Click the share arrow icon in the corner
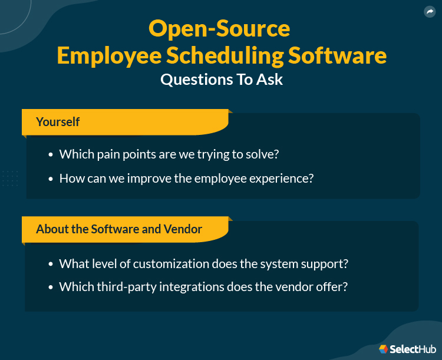(x=428, y=12)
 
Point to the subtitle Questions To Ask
(x=222, y=80)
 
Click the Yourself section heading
(x=58, y=122)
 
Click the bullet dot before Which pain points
(x=51, y=154)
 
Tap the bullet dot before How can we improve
(x=51, y=178)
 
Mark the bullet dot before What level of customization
(x=51, y=264)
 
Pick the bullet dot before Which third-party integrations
(x=51, y=287)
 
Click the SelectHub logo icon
(x=384, y=349)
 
